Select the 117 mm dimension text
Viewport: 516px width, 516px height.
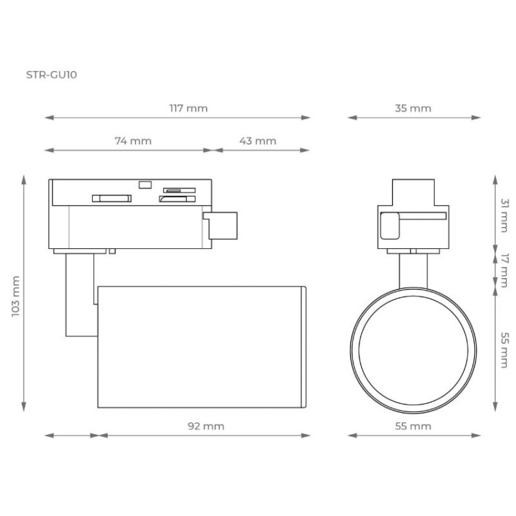coord(188,108)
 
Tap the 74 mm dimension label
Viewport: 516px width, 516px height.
coord(132,140)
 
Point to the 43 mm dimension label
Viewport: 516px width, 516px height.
coord(257,140)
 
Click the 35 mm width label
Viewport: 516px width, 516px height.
coord(413,108)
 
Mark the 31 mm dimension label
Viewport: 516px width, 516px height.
coord(504,213)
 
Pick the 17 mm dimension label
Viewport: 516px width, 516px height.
coord(504,268)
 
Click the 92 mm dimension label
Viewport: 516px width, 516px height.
coord(206,426)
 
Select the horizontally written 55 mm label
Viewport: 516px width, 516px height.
coord(413,426)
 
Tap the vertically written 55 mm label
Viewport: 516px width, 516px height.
coord(504,350)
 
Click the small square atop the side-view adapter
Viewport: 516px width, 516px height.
coord(144,184)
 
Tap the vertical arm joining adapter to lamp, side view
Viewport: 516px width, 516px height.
coord(77,296)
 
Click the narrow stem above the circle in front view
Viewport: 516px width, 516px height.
coord(413,268)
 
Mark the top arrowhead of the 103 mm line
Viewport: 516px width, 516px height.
coord(25,179)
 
